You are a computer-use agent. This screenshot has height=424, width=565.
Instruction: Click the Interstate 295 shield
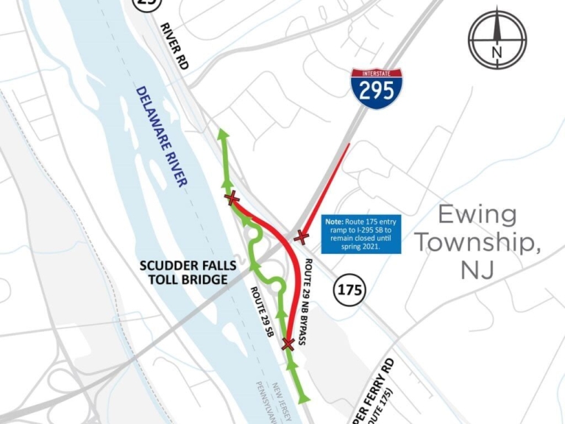[x=377, y=89]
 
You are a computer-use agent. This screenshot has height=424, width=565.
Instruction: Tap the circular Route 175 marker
[x=350, y=289]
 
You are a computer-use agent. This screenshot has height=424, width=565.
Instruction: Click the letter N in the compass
[x=497, y=52]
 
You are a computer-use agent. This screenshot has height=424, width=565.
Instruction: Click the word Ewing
[x=477, y=215]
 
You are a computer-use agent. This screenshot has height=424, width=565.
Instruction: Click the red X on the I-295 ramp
[x=301, y=236]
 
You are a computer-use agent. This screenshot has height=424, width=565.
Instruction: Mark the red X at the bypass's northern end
[x=232, y=197]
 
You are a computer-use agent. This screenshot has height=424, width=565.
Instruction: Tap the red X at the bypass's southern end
[x=288, y=344]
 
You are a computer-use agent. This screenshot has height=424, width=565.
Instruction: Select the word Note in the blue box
[x=334, y=222]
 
